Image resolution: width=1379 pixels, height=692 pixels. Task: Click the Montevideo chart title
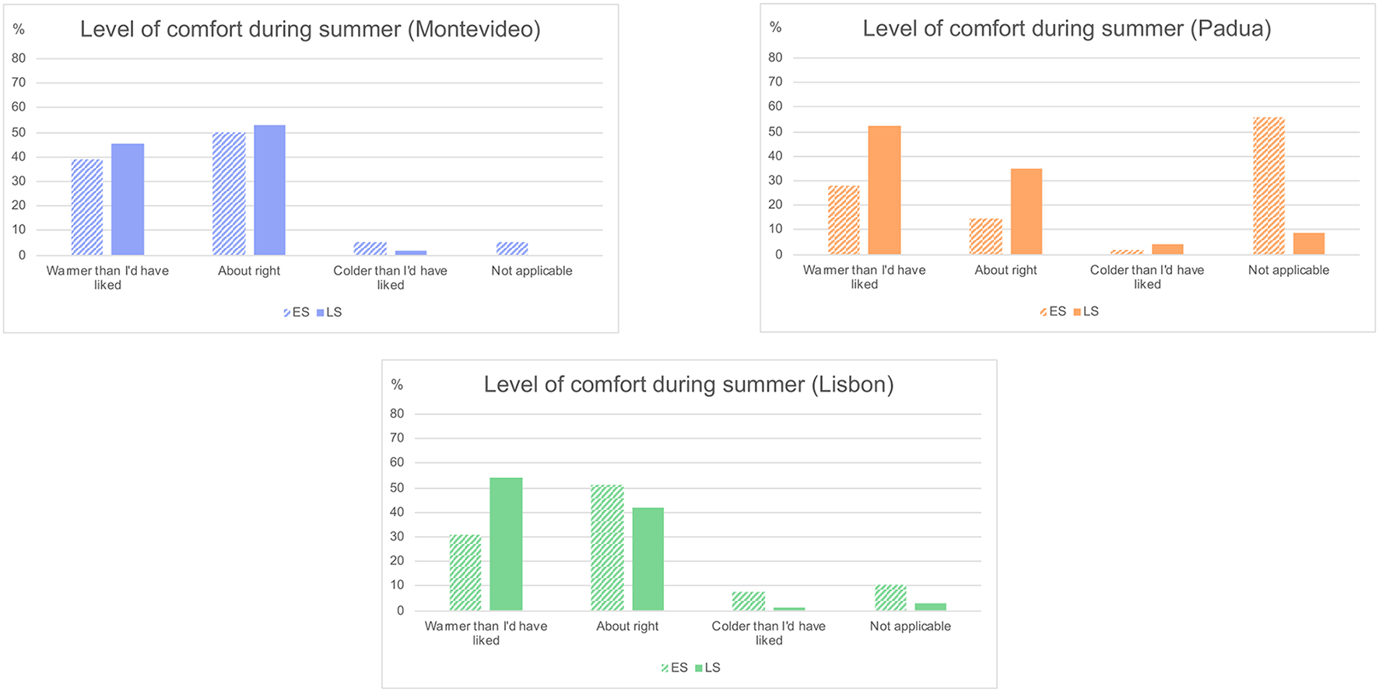pyautogui.click(x=310, y=30)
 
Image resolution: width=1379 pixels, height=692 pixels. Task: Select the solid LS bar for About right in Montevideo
pyautogui.click(x=269, y=191)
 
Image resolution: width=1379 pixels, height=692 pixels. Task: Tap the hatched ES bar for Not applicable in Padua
pyautogui.click(x=1268, y=186)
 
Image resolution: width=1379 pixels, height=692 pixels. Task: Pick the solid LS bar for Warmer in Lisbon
pyautogui.click(x=506, y=544)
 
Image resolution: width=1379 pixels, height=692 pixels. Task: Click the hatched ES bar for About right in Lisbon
pyautogui.click(x=607, y=548)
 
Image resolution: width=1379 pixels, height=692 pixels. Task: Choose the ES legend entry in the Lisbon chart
pyautogui.click(x=674, y=668)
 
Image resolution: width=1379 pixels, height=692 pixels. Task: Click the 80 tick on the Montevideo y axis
pyautogui.click(x=19, y=58)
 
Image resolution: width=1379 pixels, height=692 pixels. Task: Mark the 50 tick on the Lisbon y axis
pyautogui.click(x=397, y=488)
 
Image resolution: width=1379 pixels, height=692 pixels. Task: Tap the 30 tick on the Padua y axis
pyautogui.click(x=775, y=181)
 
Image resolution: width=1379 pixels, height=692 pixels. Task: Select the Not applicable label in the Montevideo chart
pyautogui.click(x=532, y=271)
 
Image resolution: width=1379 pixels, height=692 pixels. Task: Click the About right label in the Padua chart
pyautogui.click(x=1005, y=270)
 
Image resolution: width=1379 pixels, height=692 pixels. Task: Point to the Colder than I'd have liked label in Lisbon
pyautogui.click(x=768, y=633)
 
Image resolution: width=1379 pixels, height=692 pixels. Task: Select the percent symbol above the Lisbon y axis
pyautogui.click(x=397, y=385)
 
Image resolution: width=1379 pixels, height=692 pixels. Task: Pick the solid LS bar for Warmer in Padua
pyautogui.click(x=884, y=191)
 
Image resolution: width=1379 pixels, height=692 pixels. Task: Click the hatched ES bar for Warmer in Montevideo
pyautogui.click(x=87, y=207)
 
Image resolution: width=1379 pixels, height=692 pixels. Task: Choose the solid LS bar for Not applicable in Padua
pyautogui.click(x=1308, y=244)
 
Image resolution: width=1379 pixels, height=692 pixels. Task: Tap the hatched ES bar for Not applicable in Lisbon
pyautogui.click(x=890, y=598)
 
